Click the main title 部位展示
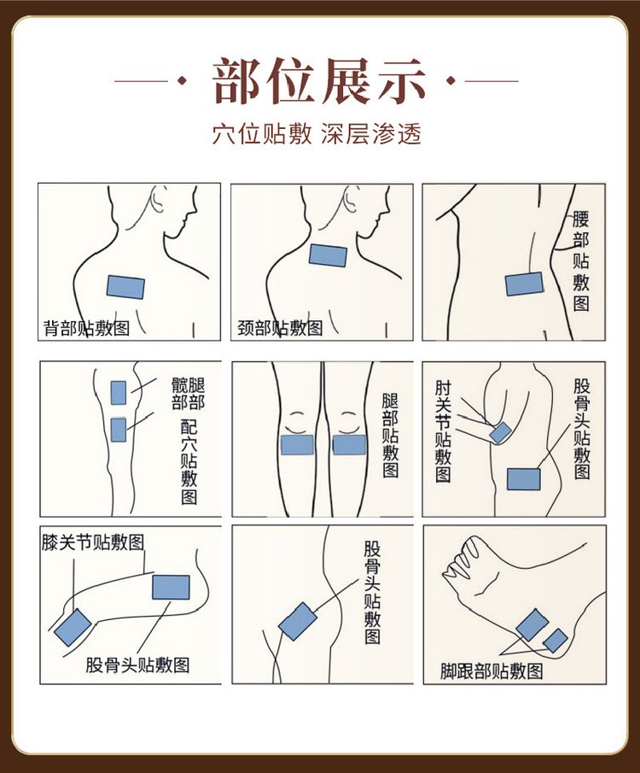coord(319,81)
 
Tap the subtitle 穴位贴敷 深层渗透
coord(317,133)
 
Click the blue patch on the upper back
coord(125,287)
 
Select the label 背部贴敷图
coord(87,328)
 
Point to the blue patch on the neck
coord(329,255)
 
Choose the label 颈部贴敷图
coord(280,328)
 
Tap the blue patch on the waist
coord(524,284)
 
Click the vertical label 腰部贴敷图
coord(581,261)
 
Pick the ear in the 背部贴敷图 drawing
coord(158,199)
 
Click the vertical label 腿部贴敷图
coord(390,436)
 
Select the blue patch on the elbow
coord(501,433)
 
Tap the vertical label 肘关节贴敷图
coord(443,431)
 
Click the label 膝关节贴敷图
coord(93,542)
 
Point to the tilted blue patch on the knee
coord(73,628)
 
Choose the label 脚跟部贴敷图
coord(492,671)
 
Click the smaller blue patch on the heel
coord(556,641)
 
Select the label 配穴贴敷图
coord(189,461)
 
